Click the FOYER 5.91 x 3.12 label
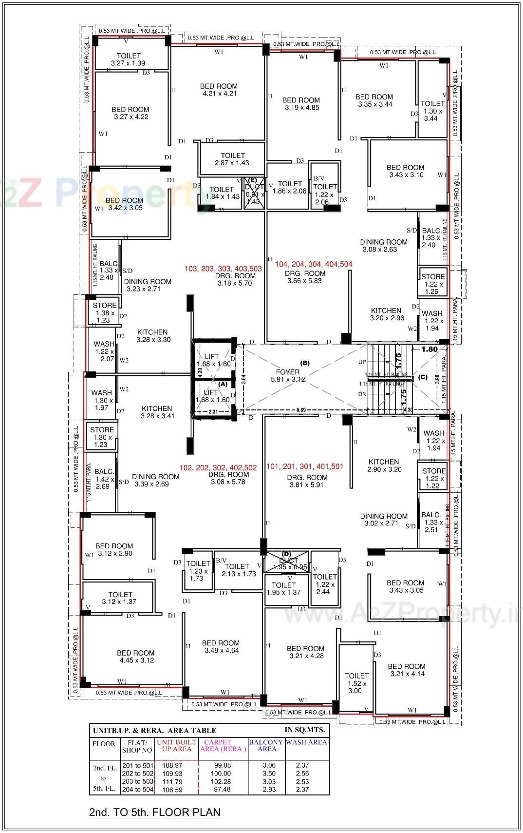(288, 375)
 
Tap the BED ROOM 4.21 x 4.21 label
(219, 90)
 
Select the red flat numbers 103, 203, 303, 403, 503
(223, 269)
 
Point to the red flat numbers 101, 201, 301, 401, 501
(305, 466)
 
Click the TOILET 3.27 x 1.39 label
(129, 59)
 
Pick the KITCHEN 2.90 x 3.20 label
(384, 465)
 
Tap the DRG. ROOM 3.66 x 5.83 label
(305, 277)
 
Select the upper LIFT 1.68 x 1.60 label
(212, 360)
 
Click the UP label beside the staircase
(362, 362)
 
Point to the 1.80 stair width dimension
(429, 349)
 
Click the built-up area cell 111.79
(172, 781)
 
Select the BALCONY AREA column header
(266, 745)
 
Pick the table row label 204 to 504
(138, 790)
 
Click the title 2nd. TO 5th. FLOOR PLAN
(155, 813)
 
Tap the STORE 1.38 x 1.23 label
(104, 313)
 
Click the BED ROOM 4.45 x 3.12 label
(136, 657)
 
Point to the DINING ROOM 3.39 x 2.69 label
(155, 480)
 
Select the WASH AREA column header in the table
(306, 742)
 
